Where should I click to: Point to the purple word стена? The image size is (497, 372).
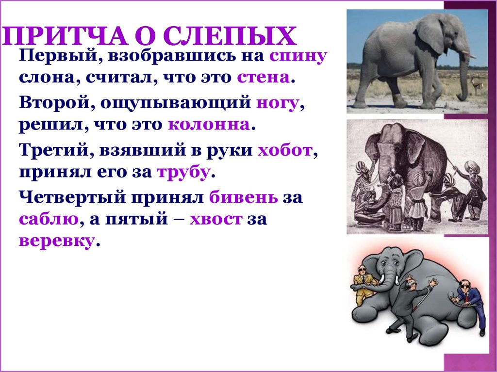pos(264,78)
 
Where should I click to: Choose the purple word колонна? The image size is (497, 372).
pos(209,125)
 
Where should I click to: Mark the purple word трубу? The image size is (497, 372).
pos(182,173)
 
